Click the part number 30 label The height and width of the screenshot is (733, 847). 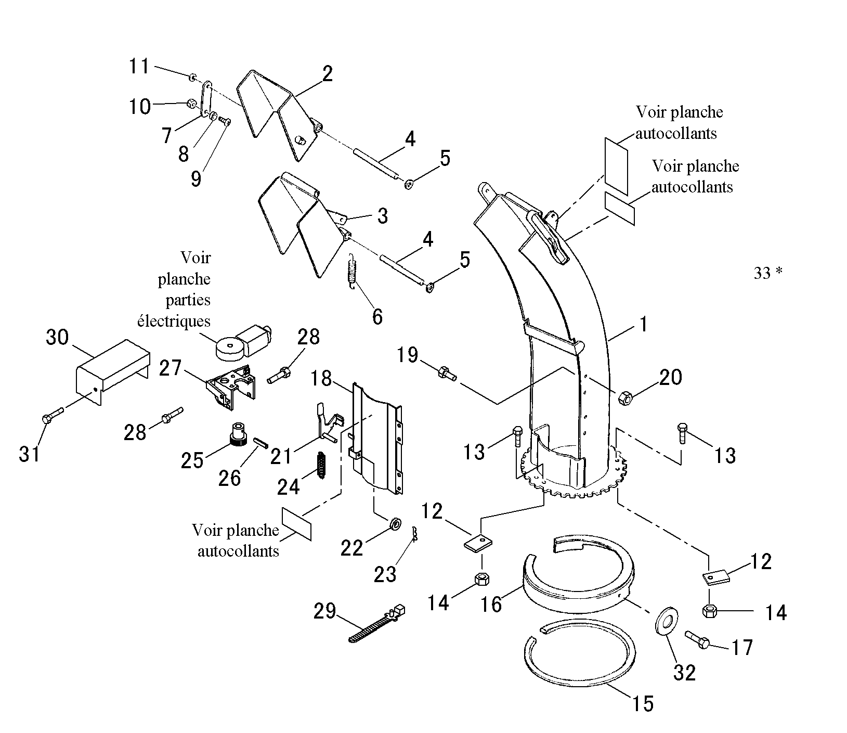[x=57, y=337]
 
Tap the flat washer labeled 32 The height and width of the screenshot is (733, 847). [x=666, y=620]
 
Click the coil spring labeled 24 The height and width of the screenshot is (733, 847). [x=321, y=465]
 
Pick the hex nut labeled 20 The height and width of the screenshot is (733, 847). [x=624, y=398]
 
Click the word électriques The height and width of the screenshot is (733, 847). [x=174, y=320]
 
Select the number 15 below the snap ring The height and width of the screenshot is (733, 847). [x=643, y=703]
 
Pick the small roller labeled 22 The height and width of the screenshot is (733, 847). [x=395, y=523]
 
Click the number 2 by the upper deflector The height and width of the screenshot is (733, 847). [x=327, y=74]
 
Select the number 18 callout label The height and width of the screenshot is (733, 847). [x=322, y=379]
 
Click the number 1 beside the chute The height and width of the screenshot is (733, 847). [x=644, y=325]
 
